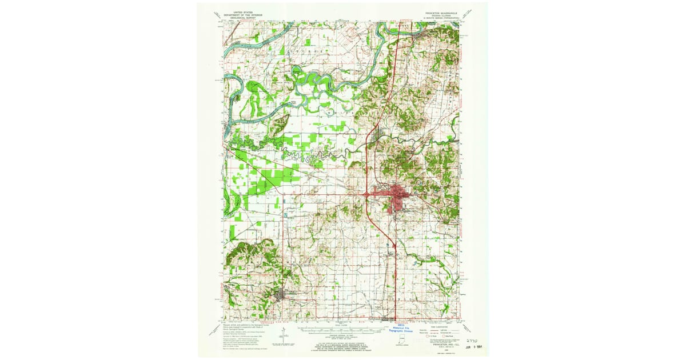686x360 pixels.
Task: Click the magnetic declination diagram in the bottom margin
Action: pos(284,337)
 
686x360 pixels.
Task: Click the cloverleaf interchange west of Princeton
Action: pos(366,195)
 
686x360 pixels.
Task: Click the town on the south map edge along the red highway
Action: pos(389,318)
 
